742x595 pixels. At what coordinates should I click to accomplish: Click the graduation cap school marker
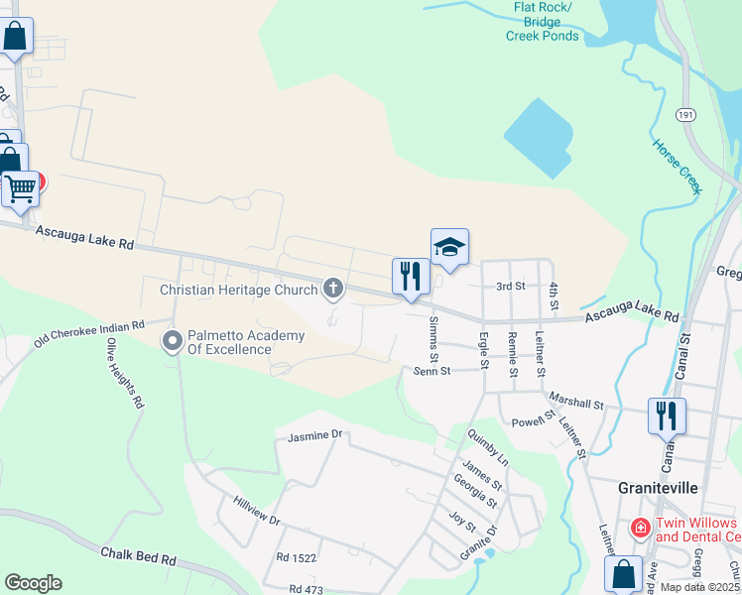point(449,248)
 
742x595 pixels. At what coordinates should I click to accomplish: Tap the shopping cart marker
point(20,188)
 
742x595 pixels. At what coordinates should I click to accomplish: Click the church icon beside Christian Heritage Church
point(333,290)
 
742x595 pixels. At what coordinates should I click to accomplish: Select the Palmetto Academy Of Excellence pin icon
point(173,341)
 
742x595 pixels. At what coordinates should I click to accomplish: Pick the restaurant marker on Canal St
point(667,416)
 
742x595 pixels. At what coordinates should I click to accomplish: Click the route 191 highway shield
point(685,116)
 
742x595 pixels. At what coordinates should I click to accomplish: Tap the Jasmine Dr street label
point(314,435)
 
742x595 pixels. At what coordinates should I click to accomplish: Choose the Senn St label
point(433,371)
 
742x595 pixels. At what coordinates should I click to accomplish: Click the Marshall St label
point(575,401)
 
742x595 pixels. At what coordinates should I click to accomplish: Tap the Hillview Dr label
point(257,513)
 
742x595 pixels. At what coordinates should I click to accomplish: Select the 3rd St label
point(510,286)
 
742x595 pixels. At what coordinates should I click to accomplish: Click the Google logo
point(33,583)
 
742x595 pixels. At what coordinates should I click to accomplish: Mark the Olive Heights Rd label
point(126,375)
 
